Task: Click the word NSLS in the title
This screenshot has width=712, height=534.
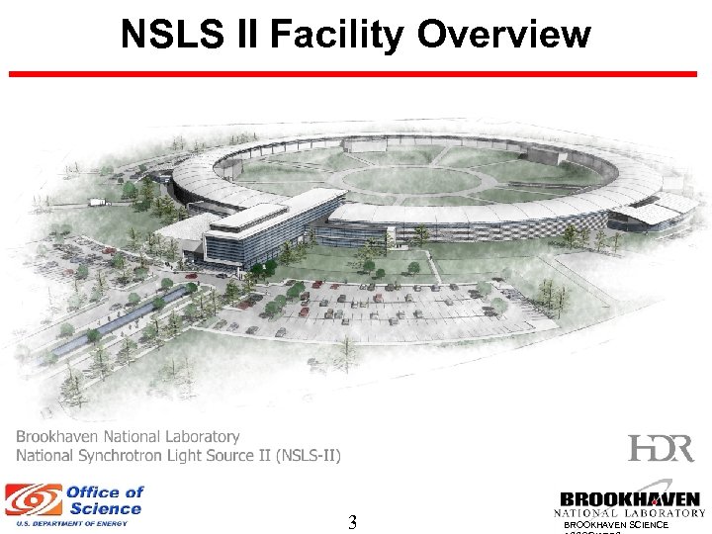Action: tap(168, 35)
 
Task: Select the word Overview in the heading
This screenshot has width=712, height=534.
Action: tap(503, 35)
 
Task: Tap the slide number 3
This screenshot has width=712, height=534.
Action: tap(352, 523)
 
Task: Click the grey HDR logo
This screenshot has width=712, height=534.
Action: tap(661, 448)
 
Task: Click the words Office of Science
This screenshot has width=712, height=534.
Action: tap(105, 499)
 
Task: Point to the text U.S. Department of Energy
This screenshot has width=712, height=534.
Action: tap(66, 523)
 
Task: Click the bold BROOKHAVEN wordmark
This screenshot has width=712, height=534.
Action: tap(629, 499)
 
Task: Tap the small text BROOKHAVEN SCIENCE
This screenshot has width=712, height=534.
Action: tap(616, 524)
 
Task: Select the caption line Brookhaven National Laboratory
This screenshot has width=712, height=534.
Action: tap(128, 436)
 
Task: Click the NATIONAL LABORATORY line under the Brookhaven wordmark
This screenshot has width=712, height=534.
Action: tap(629, 513)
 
